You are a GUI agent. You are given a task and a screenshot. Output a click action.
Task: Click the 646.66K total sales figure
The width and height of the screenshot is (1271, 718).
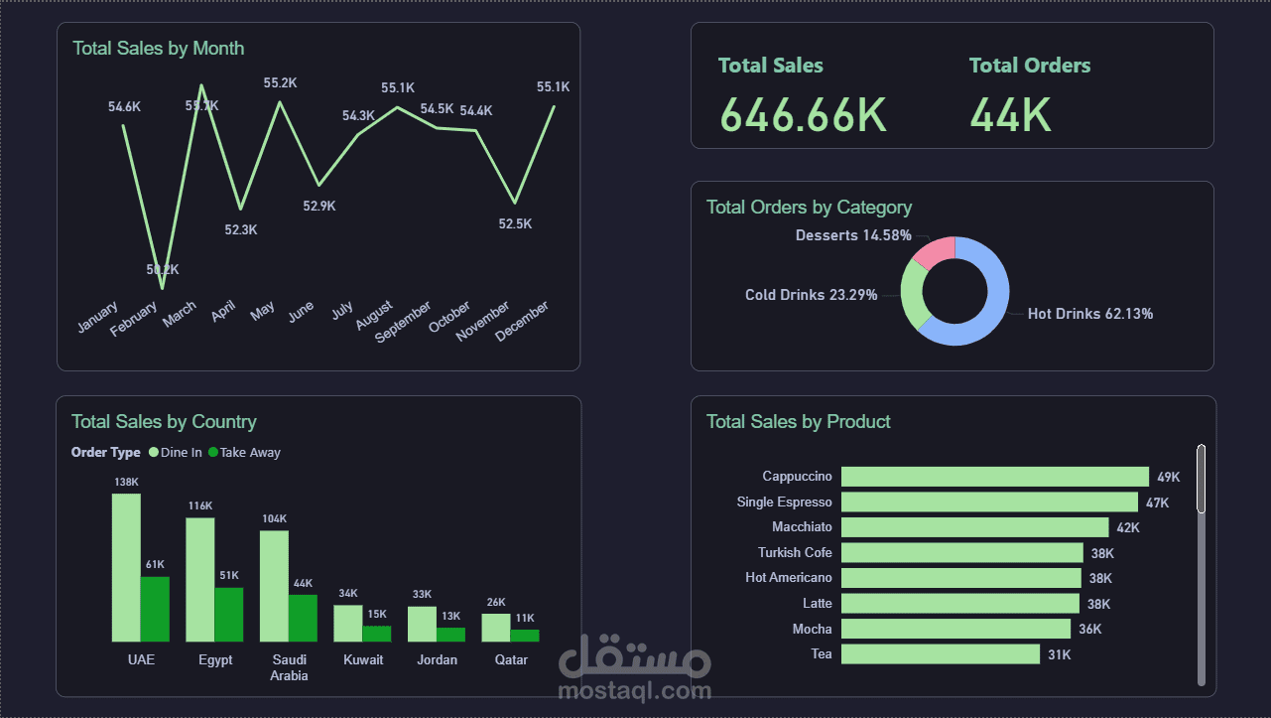tap(802, 115)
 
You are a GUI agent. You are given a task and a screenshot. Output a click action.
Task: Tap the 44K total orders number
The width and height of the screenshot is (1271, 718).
tap(1010, 115)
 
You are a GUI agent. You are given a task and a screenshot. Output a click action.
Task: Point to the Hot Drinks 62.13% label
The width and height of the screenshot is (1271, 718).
tap(1089, 314)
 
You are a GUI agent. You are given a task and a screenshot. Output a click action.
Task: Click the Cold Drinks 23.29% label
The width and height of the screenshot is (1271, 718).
tap(811, 295)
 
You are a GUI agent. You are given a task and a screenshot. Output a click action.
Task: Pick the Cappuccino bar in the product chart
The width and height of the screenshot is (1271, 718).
tap(994, 477)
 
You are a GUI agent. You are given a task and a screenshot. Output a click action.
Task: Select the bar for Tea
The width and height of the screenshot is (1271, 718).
tap(940, 653)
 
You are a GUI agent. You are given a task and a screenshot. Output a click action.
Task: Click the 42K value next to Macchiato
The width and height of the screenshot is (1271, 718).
tap(1128, 527)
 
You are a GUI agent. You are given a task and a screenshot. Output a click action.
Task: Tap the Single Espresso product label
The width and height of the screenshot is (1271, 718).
tap(784, 503)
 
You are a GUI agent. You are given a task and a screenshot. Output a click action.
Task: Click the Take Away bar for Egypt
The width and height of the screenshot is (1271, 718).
tap(229, 614)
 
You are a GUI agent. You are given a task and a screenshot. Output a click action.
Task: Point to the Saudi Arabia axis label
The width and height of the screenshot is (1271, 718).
tap(289, 667)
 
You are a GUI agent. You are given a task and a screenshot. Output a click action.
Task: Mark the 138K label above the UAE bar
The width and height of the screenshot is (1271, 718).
tap(126, 483)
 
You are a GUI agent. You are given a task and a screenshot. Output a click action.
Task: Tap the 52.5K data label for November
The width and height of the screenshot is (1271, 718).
tap(515, 224)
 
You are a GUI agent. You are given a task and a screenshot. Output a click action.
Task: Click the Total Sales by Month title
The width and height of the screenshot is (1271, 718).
tap(158, 49)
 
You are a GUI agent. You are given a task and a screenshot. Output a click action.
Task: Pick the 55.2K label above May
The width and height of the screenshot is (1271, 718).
tap(280, 83)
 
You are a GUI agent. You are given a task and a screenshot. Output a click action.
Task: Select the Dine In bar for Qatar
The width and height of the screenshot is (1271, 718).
tap(495, 627)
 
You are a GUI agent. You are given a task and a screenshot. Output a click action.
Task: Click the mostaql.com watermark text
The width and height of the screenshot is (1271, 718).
tap(635, 690)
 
